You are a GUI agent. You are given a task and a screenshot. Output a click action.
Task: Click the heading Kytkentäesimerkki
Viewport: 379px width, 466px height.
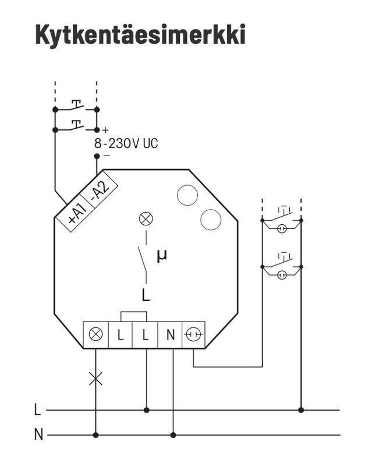pos(140,34)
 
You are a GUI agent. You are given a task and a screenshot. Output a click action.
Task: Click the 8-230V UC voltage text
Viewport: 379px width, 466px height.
pos(126,143)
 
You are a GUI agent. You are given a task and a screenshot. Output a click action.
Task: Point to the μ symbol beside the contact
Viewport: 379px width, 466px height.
pos(161,255)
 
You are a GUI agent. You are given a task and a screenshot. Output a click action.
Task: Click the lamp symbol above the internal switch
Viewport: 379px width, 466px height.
pos(146,219)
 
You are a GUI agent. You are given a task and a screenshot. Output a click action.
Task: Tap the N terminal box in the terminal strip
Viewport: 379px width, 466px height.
pos(170,335)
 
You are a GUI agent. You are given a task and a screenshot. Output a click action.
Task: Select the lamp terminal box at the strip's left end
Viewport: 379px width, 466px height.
pos(96,335)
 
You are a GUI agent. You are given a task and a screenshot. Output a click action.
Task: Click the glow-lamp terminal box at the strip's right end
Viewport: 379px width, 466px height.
pos(194,335)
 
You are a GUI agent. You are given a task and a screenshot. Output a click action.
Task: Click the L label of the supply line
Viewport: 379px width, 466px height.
pos(38,410)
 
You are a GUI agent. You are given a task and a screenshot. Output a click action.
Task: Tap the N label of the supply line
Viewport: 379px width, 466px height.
pos(38,435)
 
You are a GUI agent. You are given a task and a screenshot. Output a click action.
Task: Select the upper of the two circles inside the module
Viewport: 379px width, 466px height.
pos(187,195)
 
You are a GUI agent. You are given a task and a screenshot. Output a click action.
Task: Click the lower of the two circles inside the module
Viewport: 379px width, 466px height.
pos(211,220)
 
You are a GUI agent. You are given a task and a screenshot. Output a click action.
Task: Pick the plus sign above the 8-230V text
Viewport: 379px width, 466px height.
pos(105,130)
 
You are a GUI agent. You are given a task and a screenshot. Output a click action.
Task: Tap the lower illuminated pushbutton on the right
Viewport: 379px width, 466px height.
pos(282,269)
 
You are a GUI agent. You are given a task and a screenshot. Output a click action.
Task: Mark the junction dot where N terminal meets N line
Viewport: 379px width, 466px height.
pos(173,435)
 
